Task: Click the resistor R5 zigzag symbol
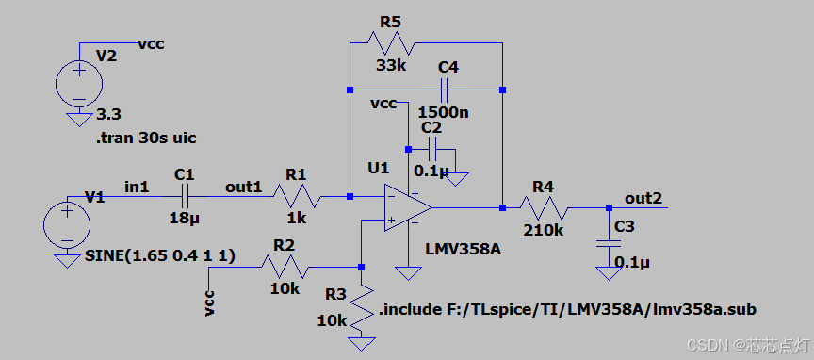(x=389, y=42)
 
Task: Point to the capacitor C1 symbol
(x=185, y=196)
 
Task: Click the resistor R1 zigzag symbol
(x=297, y=196)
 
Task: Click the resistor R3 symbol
(x=362, y=306)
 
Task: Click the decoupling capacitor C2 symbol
(x=431, y=148)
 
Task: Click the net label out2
(x=643, y=198)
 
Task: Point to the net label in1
(x=137, y=187)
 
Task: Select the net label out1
(x=243, y=187)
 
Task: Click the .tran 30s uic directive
(x=146, y=139)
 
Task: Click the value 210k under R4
(x=545, y=229)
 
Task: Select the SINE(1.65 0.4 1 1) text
(x=160, y=256)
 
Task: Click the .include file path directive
(x=567, y=309)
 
